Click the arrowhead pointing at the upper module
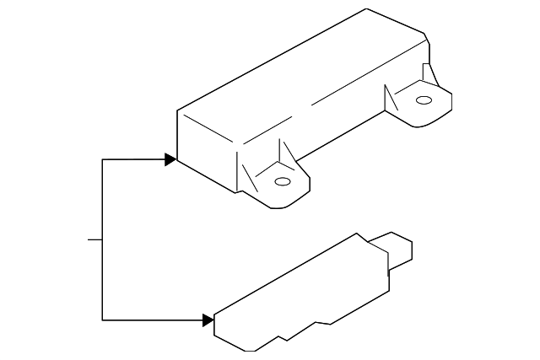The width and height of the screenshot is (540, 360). coord(171,159)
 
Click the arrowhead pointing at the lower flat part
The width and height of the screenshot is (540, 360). coord(208,320)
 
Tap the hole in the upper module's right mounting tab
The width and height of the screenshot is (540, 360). coord(424,100)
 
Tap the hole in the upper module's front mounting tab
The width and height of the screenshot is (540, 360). coord(283,181)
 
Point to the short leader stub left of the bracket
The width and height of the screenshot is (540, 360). coord(94,239)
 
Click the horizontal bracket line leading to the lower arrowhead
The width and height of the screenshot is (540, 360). coord(152,320)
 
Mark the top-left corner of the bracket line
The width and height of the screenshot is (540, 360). coord(102,159)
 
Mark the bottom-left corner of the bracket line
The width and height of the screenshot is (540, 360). coord(102,320)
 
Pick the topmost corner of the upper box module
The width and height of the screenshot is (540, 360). coord(367,9)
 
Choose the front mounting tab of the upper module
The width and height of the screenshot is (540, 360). coord(283,185)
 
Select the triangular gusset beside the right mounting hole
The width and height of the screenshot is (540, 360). coord(391,99)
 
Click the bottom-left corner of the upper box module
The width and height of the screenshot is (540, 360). coord(177,159)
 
